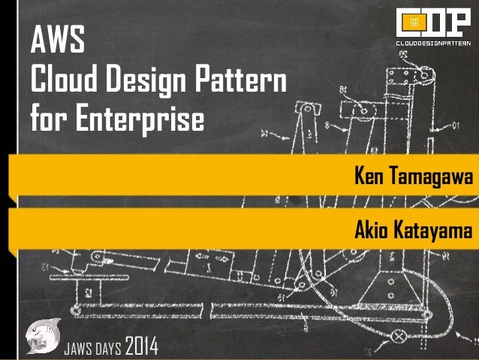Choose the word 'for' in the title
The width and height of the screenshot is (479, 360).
47,118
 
